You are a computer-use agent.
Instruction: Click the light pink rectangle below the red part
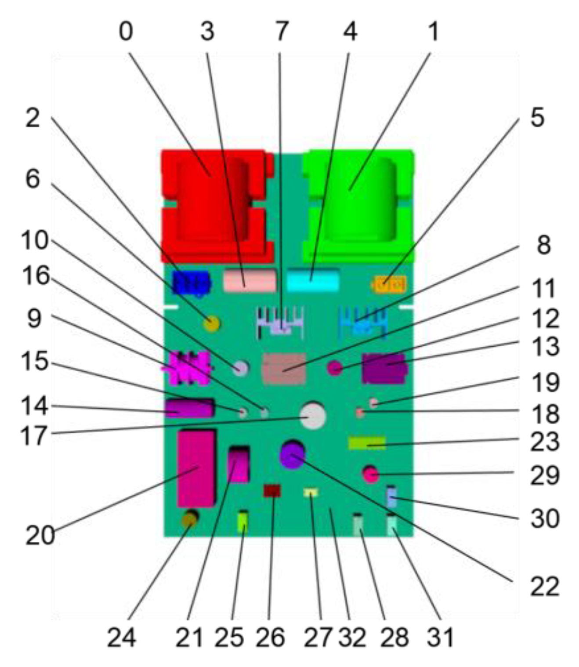point(250,280)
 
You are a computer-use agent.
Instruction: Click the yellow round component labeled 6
point(212,324)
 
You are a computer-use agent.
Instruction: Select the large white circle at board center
point(313,416)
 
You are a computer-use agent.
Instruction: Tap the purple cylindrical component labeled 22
point(292,455)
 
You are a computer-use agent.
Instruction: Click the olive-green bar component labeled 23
point(367,443)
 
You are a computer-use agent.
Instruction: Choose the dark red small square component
point(272,490)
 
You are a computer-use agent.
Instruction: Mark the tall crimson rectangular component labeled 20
point(196,468)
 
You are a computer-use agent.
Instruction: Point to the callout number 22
point(545,587)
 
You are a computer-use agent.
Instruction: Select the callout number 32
point(352,637)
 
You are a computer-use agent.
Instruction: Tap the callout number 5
point(537,118)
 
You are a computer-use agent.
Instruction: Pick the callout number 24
point(121,637)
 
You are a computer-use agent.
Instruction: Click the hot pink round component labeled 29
point(371,475)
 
